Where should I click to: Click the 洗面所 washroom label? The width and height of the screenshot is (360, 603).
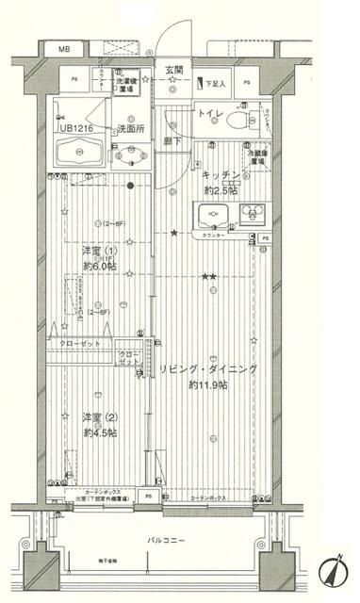[x=131, y=127]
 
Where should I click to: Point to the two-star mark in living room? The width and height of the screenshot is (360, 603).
[x=209, y=275]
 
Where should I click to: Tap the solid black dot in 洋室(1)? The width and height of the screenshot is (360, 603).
[x=131, y=186]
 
